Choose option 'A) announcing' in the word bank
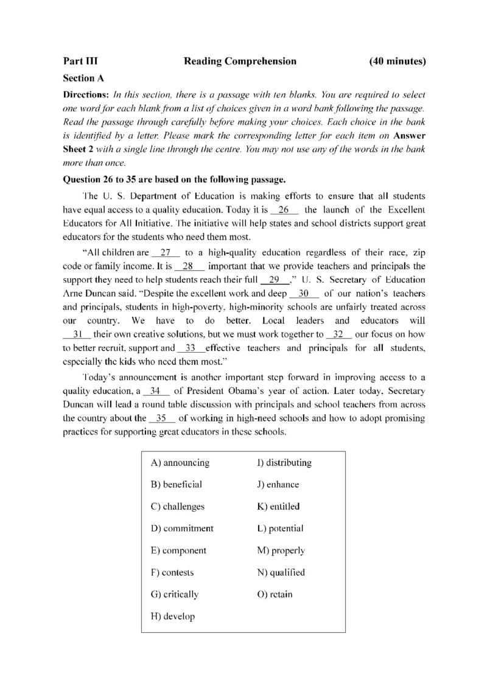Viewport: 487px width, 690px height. tap(180, 463)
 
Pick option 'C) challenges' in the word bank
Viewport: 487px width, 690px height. tap(178, 507)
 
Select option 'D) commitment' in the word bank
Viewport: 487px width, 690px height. tap(182, 529)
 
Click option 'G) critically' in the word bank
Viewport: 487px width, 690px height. tap(174, 594)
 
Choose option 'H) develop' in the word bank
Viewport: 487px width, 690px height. tap(172, 616)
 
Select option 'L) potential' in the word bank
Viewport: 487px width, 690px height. tap(280, 529)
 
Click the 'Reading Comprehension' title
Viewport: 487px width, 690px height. tap(240, 61)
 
